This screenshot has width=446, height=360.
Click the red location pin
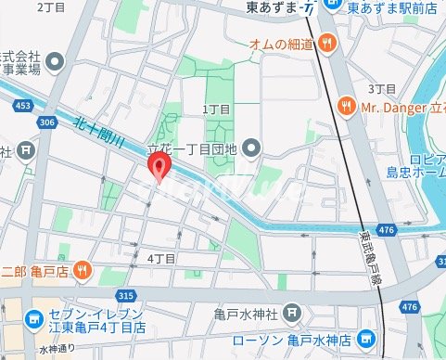(159, 169)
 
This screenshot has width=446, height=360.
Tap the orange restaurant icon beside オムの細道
(325, 42)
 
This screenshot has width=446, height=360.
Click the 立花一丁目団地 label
(193, 148)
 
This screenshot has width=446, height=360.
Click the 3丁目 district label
(382, 88)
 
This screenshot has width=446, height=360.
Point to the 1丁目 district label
(215, 109)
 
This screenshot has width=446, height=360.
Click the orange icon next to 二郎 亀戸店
(83, 270)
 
